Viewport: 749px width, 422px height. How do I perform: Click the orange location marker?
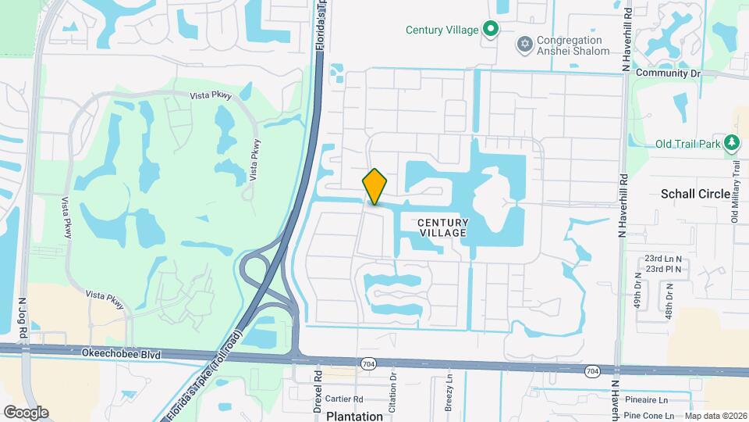pyautogui.click(x=375, y=187)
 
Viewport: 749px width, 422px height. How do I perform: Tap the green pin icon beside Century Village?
pyautogui.click(x=490, y=30)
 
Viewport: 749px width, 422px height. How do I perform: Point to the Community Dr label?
pyautogui.click(x=669, y=73)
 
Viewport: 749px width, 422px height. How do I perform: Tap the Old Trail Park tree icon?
pyautogui.click(x=732, y=142)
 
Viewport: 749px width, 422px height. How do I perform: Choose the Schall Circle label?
pyautogui.click(x=695, y=194)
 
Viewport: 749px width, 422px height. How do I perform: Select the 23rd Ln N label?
pyautogui.click(x=662, y=258)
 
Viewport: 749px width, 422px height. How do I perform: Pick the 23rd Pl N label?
pyautogui.click(x=662, y=269)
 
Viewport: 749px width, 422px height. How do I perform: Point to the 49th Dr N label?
pyautogui.click(x=637, y=291)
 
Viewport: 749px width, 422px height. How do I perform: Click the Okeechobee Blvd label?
pyautogui.click(x=121, y=354)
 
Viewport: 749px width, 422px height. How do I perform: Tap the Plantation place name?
pyautogui.click(x=354, y=416)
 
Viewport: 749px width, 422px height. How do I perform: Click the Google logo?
pyautogui.click(x=26, y=412)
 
